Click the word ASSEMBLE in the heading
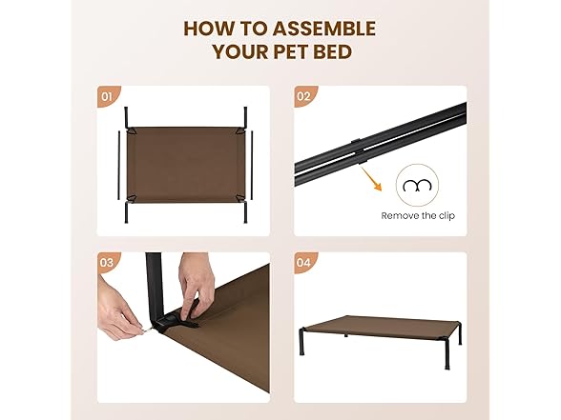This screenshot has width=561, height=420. (323, 29)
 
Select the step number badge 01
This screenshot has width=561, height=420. (107, 96)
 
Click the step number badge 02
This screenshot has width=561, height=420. (303, 96)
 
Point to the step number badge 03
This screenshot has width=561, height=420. (107, 263)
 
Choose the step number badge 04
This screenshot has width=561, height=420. (303, 263)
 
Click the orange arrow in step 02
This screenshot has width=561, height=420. (371, 179)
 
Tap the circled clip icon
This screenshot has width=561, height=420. (417, 185)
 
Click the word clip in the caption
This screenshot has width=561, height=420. (447, 215)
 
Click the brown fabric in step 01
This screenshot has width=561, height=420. (186, 165)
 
